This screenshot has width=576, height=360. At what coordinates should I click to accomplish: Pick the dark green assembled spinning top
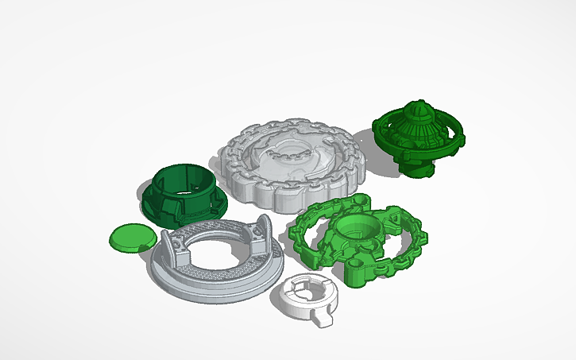coord(415,139)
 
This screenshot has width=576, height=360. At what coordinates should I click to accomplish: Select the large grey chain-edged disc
coord(295,162)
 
